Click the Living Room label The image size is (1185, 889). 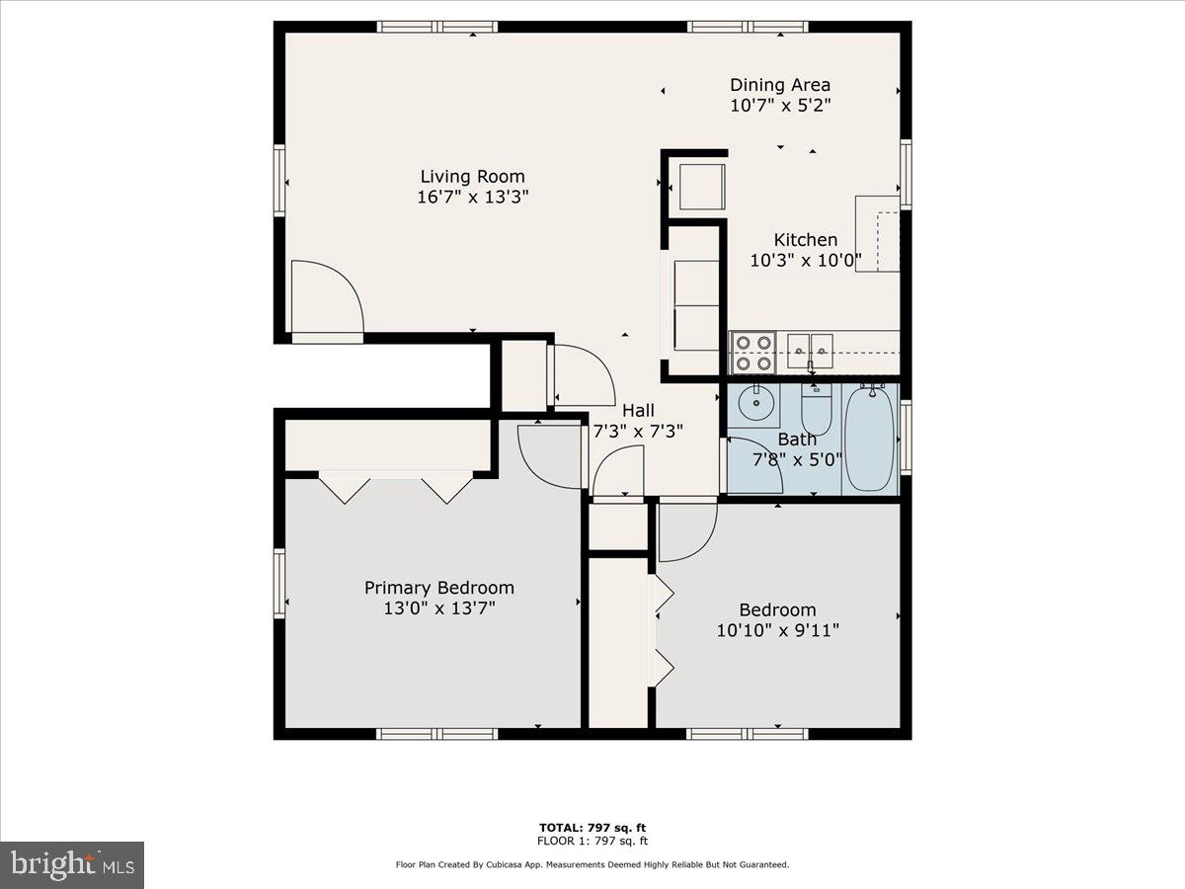(x=472, y=177)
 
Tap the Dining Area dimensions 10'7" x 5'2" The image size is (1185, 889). (x=779, y=106)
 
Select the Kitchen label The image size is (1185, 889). (x=805, y=240)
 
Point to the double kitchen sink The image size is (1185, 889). (x=810, y=346)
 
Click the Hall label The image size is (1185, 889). (x=637, y=410)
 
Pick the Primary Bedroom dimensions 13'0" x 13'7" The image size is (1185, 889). (x=439, y=608)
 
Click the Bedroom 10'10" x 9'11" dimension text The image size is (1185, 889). (x=778, y=630)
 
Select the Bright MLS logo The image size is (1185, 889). (x=72, y=864)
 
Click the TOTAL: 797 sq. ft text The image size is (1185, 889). (x=592, y=828)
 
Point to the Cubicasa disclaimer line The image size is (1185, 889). (x=592, y=864)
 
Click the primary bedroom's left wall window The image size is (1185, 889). (x=279, y=584)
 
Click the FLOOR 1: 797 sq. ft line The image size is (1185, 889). (x=592, y=842)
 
